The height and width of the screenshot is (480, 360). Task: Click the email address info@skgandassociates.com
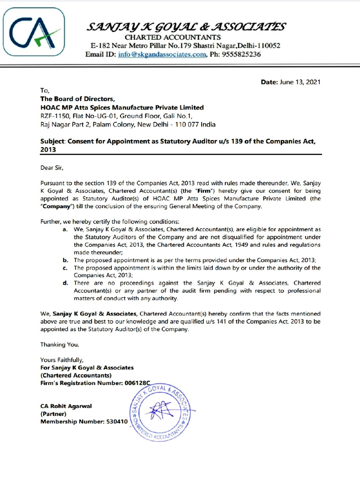pyautogui.click(x=162, y=54)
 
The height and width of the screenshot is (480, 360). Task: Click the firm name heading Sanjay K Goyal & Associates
pyautogui.click(x=185, y=27)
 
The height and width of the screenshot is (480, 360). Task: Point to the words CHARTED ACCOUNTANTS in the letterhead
pyautogui.click(x=172, y=37)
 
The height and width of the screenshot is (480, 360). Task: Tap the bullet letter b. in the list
pyautogui.click(x=64, y=260)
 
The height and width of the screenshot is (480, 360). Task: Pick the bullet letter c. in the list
pyautogui.click(x=64, y=268)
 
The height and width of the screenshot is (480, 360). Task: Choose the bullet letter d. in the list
pyautogui.click(x=64, y=283)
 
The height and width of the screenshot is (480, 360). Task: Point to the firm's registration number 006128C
pyautogui.click(x=139, y=383)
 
